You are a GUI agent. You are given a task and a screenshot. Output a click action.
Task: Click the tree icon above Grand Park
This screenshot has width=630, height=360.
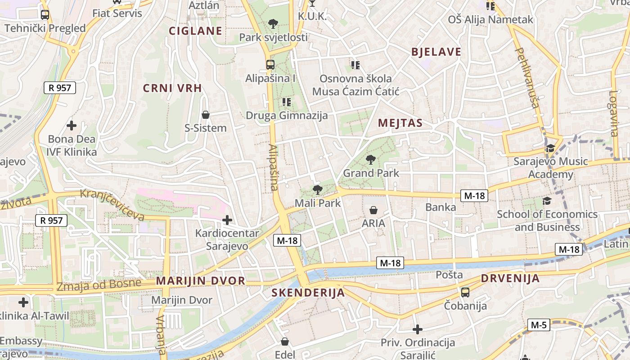371,159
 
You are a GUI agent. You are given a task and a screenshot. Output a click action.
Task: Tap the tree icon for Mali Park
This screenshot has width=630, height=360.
317,190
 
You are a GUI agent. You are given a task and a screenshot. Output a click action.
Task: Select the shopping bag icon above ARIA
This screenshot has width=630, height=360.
373,210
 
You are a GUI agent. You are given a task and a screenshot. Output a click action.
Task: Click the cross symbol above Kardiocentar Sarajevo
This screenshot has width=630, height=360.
227,220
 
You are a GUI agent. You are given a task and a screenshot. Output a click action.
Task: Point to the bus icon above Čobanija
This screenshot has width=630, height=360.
465,292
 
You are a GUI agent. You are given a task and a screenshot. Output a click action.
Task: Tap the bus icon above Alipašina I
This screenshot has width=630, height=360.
270,64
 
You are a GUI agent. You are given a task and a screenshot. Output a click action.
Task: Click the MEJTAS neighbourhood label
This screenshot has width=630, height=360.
400,123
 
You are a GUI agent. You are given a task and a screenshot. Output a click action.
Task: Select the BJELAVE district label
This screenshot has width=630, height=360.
436,52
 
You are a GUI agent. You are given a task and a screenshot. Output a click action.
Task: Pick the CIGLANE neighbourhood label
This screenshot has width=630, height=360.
195,31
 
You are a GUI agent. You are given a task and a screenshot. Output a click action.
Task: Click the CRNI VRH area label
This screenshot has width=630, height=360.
172,88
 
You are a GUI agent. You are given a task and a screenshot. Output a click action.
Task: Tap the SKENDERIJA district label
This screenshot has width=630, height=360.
308,293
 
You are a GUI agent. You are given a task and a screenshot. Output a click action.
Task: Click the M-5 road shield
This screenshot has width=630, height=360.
538,324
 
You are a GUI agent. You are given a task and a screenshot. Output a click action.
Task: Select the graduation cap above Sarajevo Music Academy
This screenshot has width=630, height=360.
550,148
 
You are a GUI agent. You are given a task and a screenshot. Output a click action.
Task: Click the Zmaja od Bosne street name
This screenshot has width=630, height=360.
99,284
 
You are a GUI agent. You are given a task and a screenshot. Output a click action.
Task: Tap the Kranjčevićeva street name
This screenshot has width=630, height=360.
112,205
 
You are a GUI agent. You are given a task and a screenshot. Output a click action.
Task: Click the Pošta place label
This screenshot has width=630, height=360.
449,274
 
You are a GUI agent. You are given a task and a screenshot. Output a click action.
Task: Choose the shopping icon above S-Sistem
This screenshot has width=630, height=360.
206,115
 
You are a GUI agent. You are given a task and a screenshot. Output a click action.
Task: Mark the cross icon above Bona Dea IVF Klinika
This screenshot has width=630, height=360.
71,125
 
